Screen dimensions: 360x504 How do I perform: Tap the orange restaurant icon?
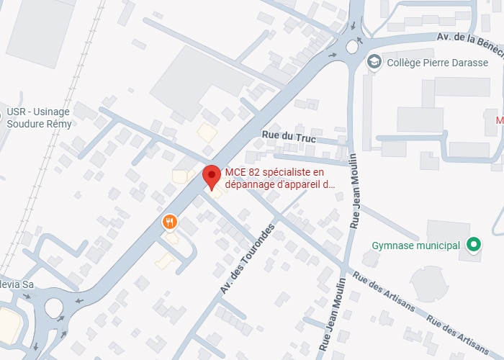click(x=169, y=222)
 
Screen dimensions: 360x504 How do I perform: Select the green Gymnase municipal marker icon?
click(x=473, y=246)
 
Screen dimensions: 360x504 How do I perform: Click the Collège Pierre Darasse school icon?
click(x=374, y=63)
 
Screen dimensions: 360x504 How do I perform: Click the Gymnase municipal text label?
click(x=415, y=246)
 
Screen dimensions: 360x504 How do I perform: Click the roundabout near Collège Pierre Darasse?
click(x=351, y=47)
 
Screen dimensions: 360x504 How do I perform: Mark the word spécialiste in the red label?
click(x=285, y=172)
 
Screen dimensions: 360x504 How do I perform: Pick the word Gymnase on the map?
click(x=391, y=246)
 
